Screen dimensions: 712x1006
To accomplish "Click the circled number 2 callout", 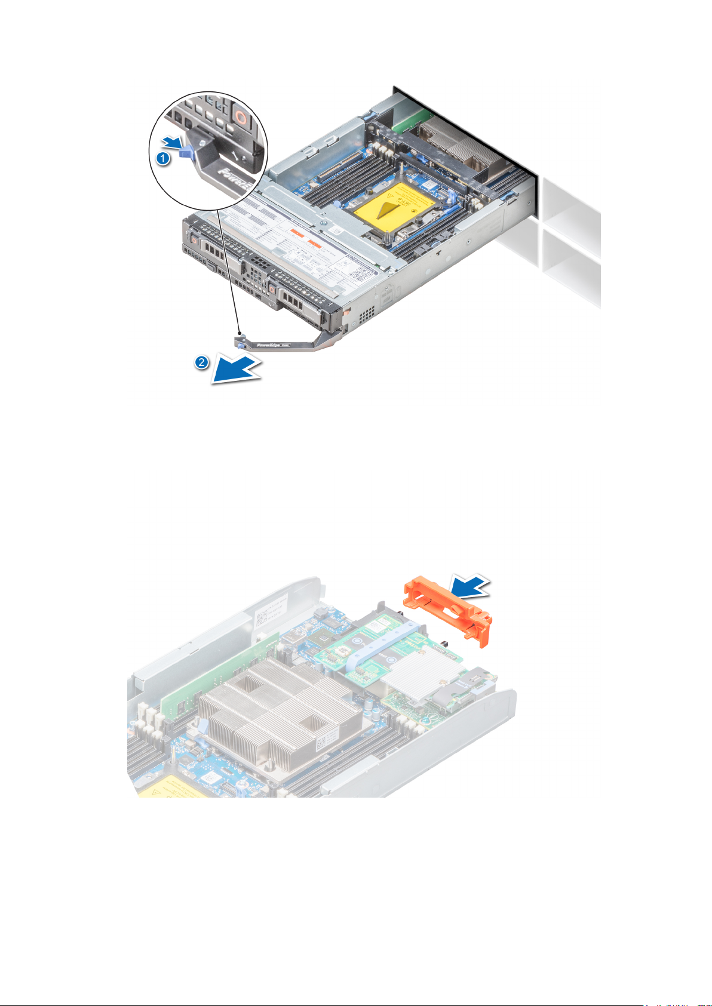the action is [202, 362].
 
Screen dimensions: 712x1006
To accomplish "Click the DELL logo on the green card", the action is [425, 711].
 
